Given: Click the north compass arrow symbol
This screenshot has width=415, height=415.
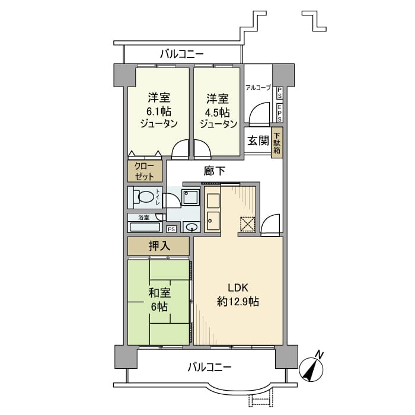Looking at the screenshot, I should coord(311,369).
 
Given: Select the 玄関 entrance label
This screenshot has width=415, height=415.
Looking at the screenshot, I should coord(258,141).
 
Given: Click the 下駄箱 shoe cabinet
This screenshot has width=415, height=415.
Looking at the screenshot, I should coord(277,142).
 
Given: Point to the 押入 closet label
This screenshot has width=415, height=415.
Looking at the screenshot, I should coord(158,245).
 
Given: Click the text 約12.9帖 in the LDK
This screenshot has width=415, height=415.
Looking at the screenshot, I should coord(238,302).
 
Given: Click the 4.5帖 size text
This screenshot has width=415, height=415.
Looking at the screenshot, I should coord(218,111).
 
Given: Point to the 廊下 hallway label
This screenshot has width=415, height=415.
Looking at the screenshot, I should coord(214,171).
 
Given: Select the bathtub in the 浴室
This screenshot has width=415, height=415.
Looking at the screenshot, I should coord(145,226).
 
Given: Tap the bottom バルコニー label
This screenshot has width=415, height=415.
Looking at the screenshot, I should coord(210,368).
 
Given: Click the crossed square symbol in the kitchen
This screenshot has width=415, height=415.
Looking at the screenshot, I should coord(246,224).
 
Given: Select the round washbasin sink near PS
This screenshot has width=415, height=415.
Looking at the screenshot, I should coord(191,227).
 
